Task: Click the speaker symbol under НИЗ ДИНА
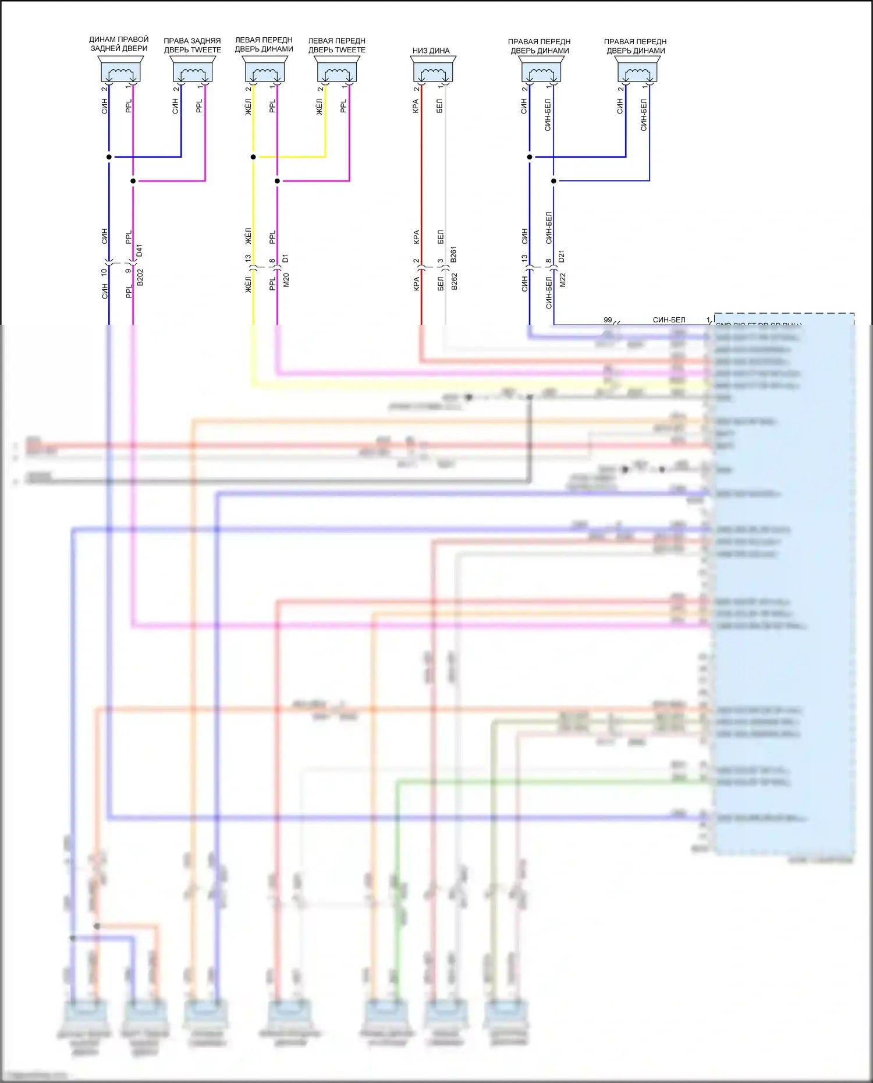(433, 71)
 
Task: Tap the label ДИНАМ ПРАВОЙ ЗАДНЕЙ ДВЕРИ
(119, 44)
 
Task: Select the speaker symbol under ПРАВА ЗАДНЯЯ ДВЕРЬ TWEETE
(193, 71)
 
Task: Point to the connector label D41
(139, 251)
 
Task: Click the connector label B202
(140, 278)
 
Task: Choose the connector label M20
(286, 280)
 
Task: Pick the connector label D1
(285, 258)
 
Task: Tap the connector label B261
(454, 254)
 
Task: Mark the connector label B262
(455, 281)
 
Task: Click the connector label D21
(562, 256)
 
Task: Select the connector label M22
(563, 280)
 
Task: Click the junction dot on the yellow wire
(253, 157)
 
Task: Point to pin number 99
(608, 320)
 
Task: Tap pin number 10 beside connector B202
(104, 272)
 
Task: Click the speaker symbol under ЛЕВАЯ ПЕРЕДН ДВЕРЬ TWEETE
(337, 71)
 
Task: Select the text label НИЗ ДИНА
(431, 51)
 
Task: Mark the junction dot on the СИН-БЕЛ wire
(553, 181)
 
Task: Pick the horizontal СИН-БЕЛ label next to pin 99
(669, 320)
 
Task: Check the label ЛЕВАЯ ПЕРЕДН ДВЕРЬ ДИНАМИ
(264, 45)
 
